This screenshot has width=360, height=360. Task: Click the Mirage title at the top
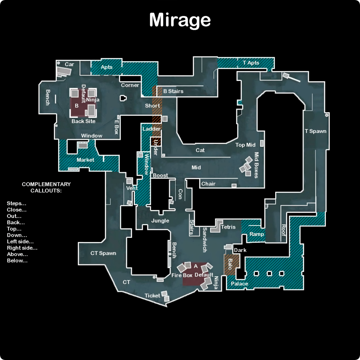pyautogui.click(x=180, y=20)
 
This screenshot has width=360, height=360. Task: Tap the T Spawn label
pyautogui.click(x=316, y=131)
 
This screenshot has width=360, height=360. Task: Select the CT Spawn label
pyautogui.click(x=103, y=253)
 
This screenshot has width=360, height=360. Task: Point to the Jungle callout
pyautogui.click(x=160, y=221)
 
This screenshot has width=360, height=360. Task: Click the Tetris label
pyautogui.click(x=228, y=227)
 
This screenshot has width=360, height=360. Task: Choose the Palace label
pyautogui.click(x=240, y=283)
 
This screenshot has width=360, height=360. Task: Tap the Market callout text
pyautogui.click(x=85, y=160)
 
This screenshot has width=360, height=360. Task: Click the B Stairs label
pyautogui.click(x=173, y=91)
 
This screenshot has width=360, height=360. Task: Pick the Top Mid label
pyautogui.click(x=245, y=145)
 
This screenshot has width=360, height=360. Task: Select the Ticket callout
pyautogui.click(x=152, y=296)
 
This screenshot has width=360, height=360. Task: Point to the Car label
pyautogui.click(x=69, y=64)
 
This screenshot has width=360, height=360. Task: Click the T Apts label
pyautogui.click(x=251, y=63)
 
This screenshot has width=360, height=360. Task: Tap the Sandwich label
pyautogui.click(x=205, y=240)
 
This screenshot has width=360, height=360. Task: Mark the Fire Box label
pyautogui.click(x=182, y=275)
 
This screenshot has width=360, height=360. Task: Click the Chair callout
pyautogui.click(x=208, y=184)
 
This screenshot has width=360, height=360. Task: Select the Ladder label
pyautogui.click(x=151, y=129)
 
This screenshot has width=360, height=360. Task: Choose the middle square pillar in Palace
pyautogui.click(x=269, y=273)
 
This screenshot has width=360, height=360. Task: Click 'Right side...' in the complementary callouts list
pyautogui.click(x=22, y=248)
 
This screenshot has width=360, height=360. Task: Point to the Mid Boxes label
pyautogui.click(x=256, y=165)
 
